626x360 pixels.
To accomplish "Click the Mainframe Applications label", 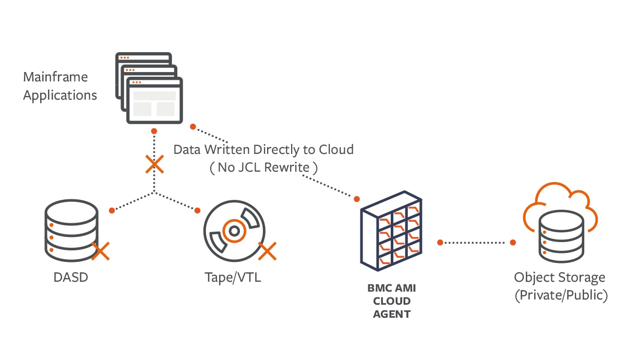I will pos(59,87).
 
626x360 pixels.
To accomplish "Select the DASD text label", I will pos(71,277).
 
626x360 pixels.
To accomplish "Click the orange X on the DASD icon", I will pos(100,251).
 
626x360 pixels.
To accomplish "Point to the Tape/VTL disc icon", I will pos(234,230).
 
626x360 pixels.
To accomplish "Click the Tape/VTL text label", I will pos(233,277).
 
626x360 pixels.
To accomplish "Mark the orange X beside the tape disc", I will pos(267,251).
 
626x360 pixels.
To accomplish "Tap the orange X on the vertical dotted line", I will pos(154,164).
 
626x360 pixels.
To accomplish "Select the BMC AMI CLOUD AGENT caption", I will pos(391,301).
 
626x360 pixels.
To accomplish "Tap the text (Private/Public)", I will pos(561,295).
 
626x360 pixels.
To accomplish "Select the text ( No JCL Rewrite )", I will pos(263,167).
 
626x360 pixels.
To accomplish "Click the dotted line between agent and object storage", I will pos(476,242).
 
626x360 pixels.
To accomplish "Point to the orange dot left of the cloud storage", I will pos(513,242).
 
